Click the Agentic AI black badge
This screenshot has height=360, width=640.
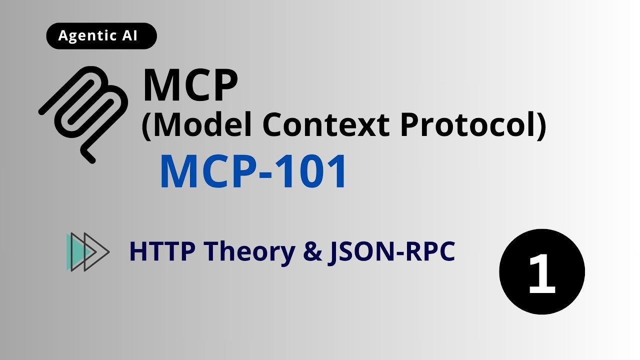point(101,36)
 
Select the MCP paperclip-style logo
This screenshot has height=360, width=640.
point(84,114)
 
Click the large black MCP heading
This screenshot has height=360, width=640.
point(190,86)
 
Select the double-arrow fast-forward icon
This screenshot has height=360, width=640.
point(87,252)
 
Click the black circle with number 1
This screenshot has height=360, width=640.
point(542,272)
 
